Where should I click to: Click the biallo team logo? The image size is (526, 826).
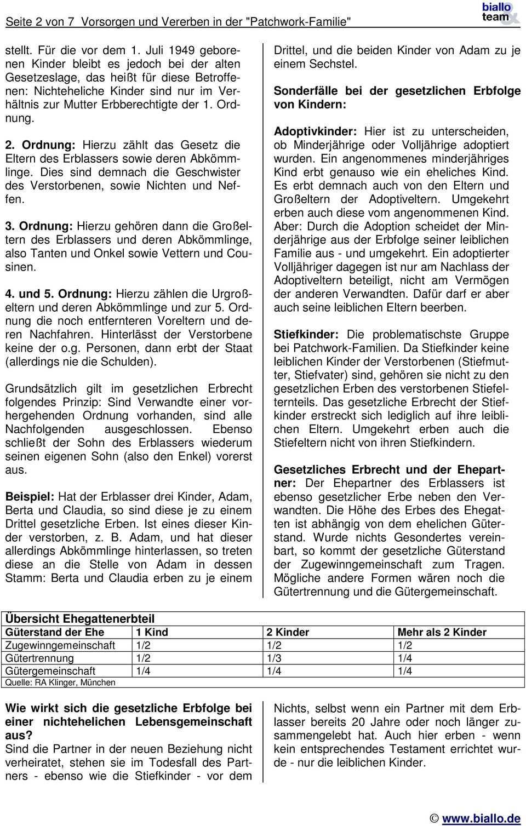click(499, 13)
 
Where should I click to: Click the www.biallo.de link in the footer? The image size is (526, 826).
click(481, 818)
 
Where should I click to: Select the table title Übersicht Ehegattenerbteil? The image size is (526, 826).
click(80, 618)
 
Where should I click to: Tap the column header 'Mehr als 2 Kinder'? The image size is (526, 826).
click(442, 632)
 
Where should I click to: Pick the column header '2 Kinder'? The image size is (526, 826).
click(288, 632)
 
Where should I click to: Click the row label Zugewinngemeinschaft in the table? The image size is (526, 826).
click(60, 645)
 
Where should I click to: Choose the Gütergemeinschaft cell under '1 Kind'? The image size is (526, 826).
click(143, 671)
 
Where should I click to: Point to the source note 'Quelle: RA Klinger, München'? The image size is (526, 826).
click(60, 682)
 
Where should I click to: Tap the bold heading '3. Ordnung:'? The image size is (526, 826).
click(39, 226)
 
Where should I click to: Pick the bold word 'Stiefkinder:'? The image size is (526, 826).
click(306, 334)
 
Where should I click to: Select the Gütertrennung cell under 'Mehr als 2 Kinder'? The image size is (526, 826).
click(405, 658)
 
